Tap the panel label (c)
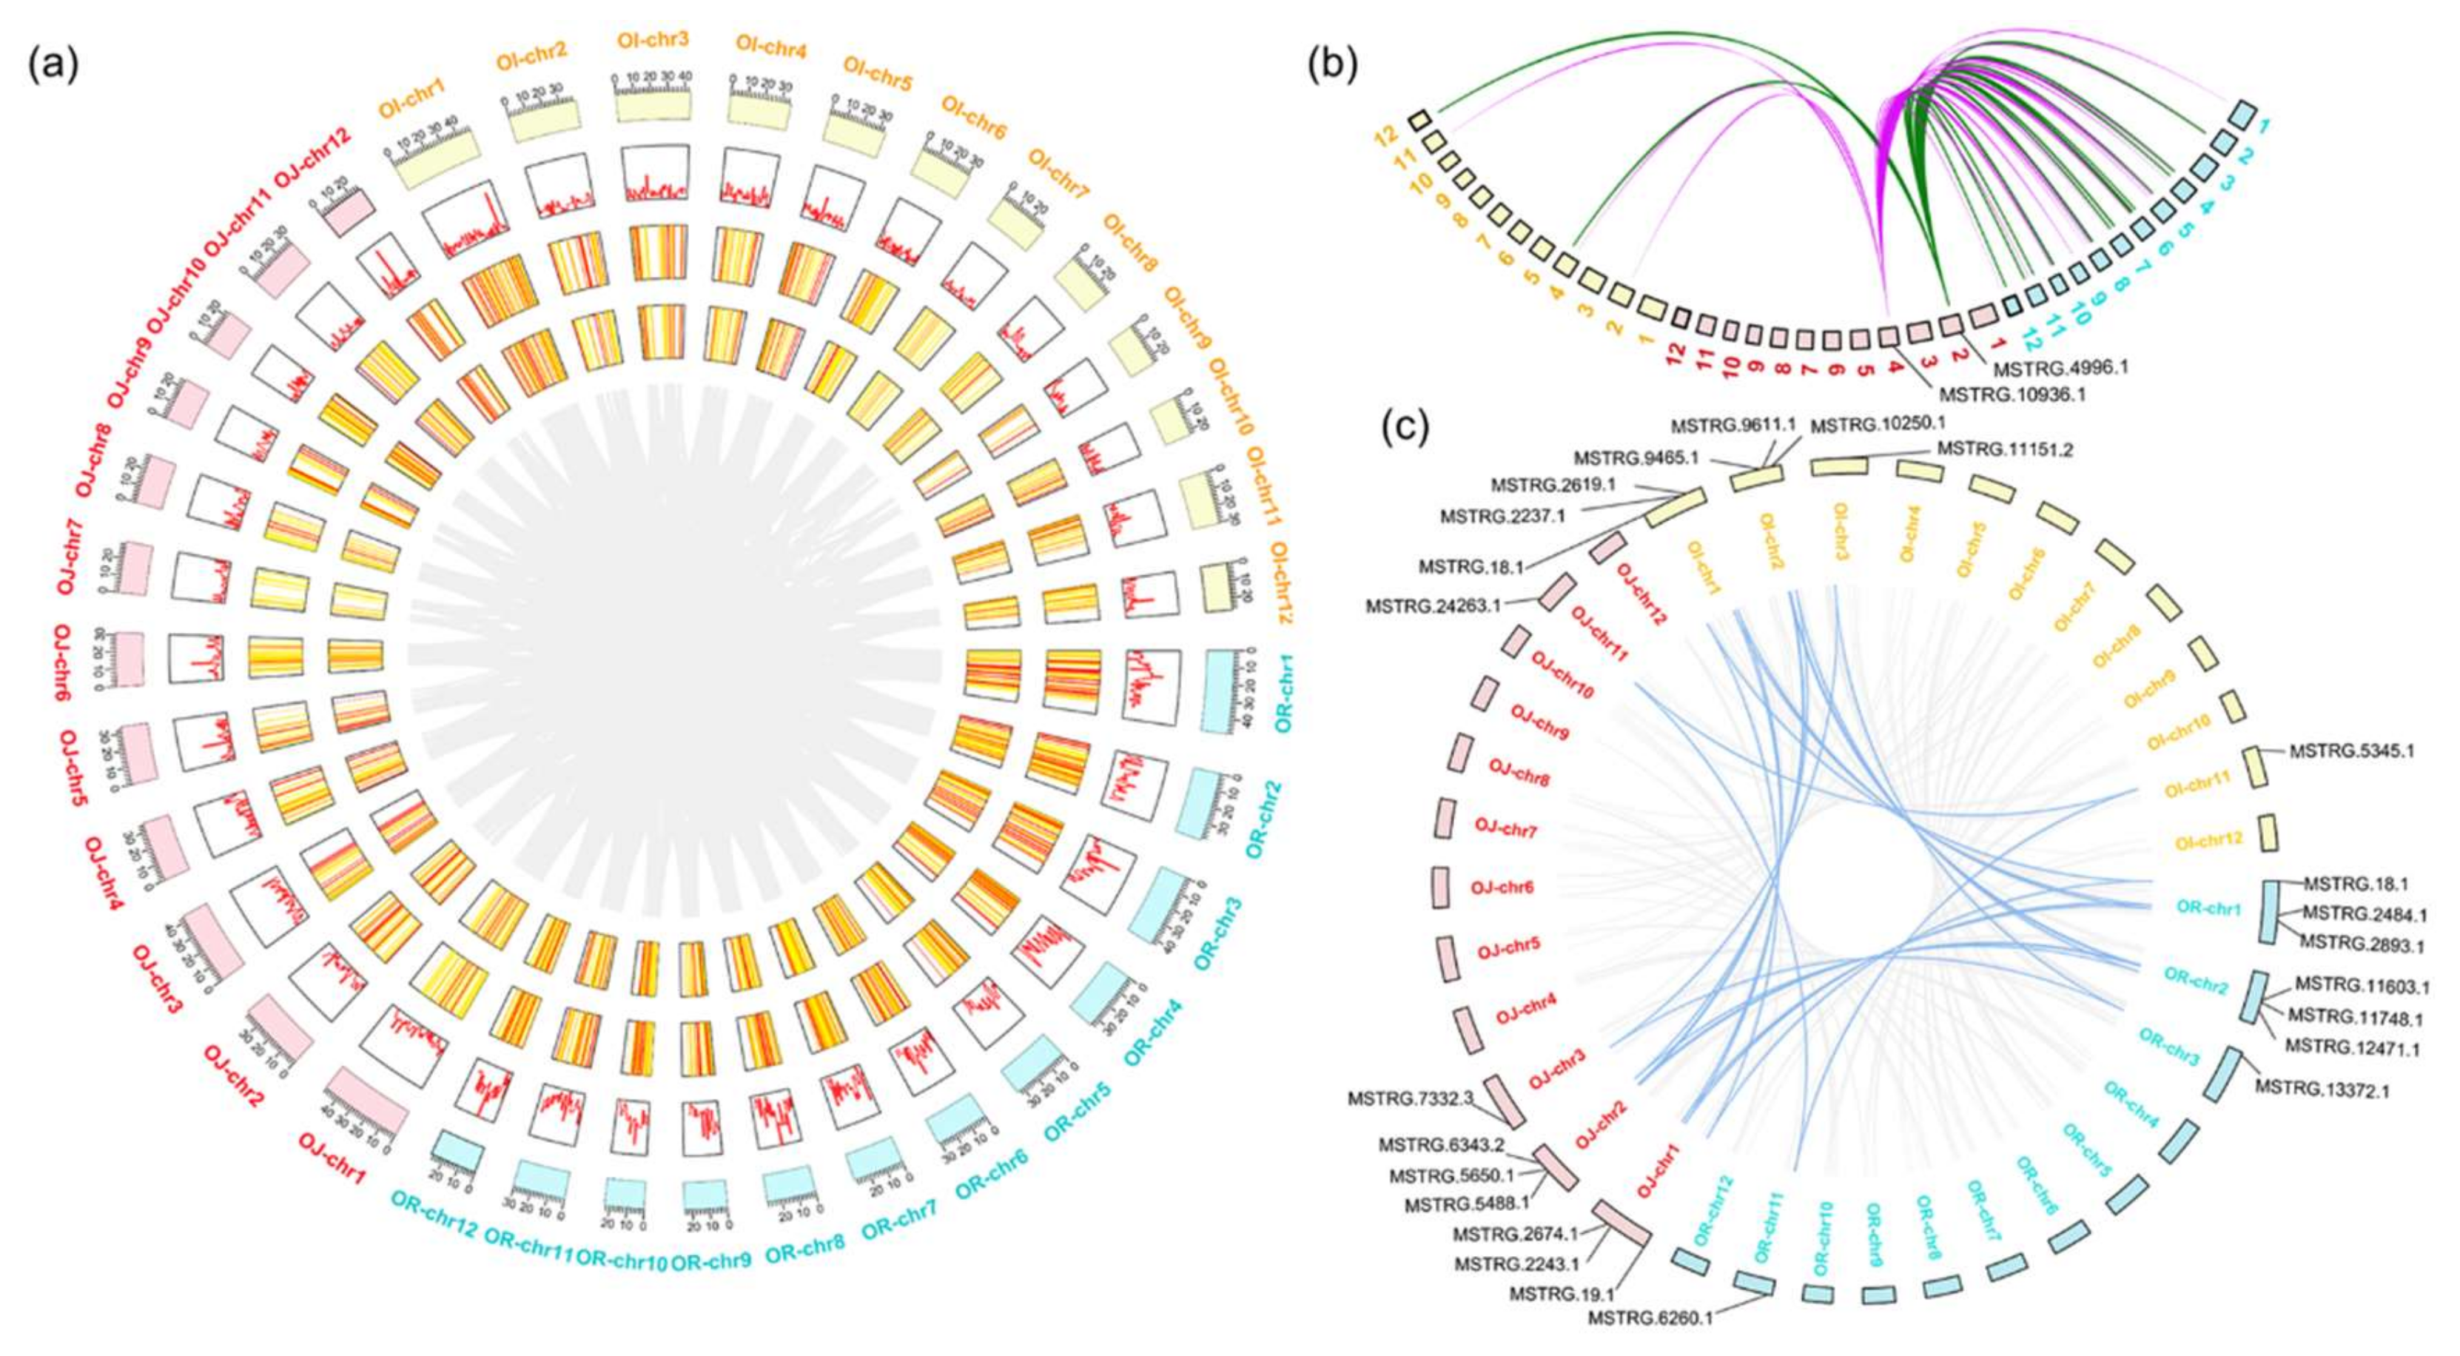(x=1405, y=429)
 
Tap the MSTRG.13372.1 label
(x=2322, y=1089)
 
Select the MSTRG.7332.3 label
(x=1411, y=1099)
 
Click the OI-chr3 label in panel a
(x=653, y=41)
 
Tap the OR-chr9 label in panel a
(x=710, y=1261)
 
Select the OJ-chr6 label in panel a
(x=59, y=658)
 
